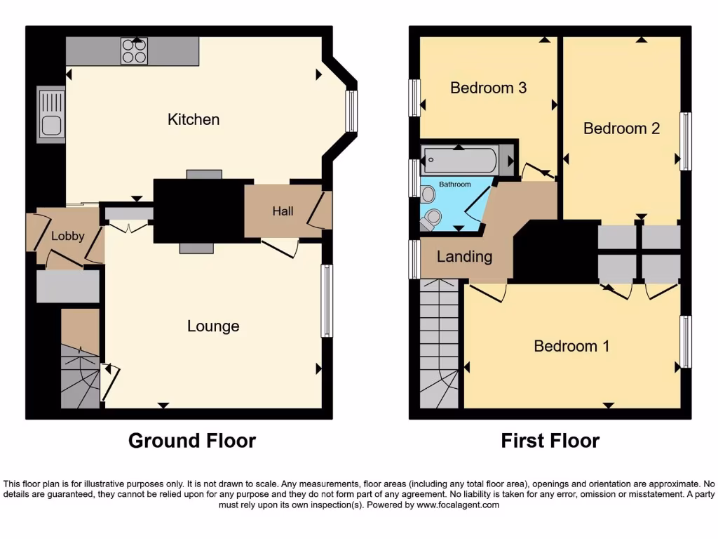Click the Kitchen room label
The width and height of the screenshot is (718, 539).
pyautogui.click(x=194, y=119)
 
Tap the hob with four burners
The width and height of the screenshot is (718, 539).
pyautogui.click(x=134, y=51)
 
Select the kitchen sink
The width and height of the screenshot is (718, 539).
pyautogui.click(x=51, y=114)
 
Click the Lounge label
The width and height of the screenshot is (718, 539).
pyautogui.click(x=213, y=326)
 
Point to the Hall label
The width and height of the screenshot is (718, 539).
pyautogui.click(x=283, y=211)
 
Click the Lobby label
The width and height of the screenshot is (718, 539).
pyautogui.click(x=68, y=236)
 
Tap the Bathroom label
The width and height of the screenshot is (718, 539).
pyautogui.click(x=455, y=185)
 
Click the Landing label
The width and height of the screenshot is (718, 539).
pyautogui.click(x=464, y=257)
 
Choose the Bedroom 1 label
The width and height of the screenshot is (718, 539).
pyautogui.click(x=571, y=346)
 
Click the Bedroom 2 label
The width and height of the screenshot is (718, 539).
pyautogui.click(x=621, y=128)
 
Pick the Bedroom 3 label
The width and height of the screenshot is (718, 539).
pyautogui.click(x=488, y=88)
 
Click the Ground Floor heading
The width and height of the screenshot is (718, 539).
pyautogui.click(x=191, y=441)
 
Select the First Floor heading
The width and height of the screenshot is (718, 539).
pyautogui.click(x=550, y=441)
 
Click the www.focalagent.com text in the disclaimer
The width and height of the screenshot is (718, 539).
pyautogui.click(x=457, y=505)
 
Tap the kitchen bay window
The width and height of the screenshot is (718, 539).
pyautogui.click(x=351, y=112)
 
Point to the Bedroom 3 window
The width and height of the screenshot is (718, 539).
pyautogui.click(x=414, y=98)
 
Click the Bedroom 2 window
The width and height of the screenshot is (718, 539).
pyautogui.click(x=686, y=141)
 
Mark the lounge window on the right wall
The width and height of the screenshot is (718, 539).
pyautogui.click(x=327, y=300)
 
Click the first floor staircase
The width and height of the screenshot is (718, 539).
pyautogui.click(x=439, y=344)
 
